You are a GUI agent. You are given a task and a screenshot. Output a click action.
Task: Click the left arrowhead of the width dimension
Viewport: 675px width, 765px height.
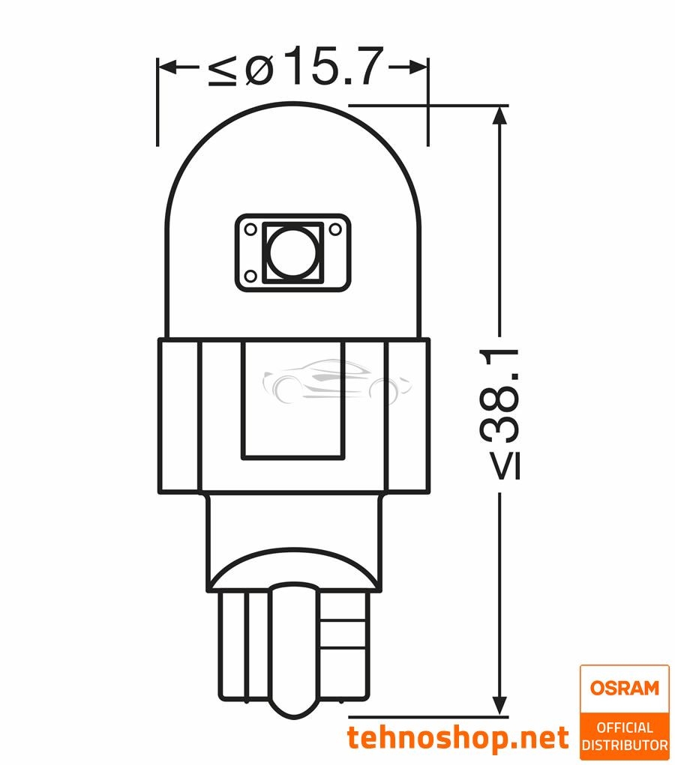(x=167, y=67)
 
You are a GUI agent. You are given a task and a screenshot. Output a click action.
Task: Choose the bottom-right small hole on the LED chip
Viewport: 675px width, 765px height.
(x=337, y=278)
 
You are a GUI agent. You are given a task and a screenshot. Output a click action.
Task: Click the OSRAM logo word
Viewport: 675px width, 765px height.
(x=624, y=688)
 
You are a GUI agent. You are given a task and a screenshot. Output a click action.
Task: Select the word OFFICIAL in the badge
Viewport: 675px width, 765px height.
(x=624, y=728)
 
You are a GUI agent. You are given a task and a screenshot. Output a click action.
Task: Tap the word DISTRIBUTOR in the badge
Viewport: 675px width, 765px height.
(x=624, y=745)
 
